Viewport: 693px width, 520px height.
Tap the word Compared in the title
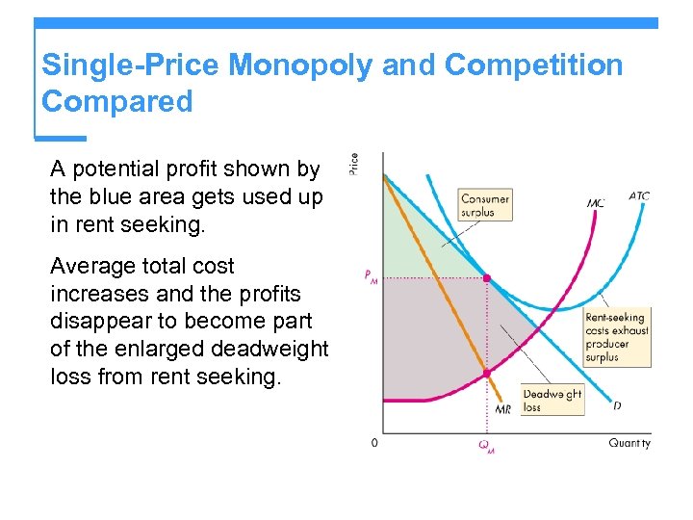(117, 101)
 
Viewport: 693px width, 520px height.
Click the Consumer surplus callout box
(485, 205)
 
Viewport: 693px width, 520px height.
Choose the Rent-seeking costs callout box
(616, 337)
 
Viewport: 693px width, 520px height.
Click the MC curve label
(596, 203)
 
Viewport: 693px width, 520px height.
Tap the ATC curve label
(639, 195)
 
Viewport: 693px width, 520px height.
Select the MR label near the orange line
(502, 410)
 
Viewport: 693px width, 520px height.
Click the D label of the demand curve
(617, 405)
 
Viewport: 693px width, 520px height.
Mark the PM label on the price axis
(371, 276)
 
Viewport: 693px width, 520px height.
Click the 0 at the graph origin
(374, 443)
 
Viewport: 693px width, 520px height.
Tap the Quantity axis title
(629, 443)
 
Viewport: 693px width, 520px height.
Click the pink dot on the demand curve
(486, 277)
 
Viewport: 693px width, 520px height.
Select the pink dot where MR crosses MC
(486, 372)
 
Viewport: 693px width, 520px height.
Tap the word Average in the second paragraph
(94, 266)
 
